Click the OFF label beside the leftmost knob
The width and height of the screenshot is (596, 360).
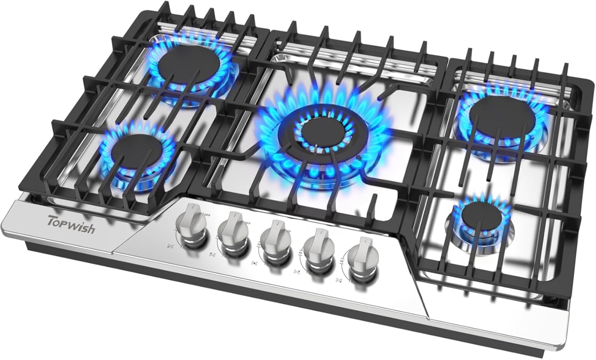tap(207, 215)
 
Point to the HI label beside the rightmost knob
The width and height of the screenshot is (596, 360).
tap(342, 261)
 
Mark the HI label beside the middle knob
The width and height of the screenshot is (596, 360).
tap(258, 243)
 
